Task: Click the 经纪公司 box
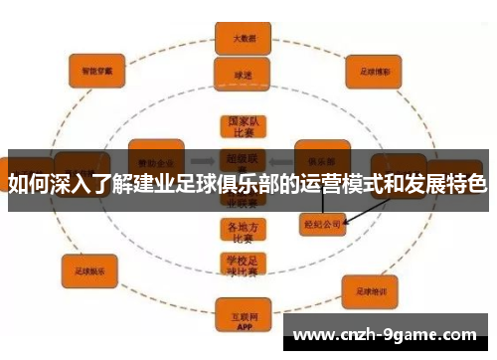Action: (322, 224)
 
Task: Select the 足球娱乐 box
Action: (90, 269)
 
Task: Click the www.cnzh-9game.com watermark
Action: (385, 334)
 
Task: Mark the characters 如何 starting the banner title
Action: (27, 184)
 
